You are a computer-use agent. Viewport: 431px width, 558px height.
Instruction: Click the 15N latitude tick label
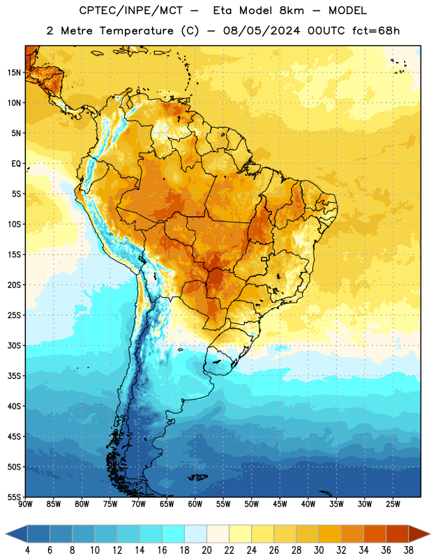[14, 73]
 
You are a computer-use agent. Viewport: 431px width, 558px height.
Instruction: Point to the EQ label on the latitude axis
[16, 164]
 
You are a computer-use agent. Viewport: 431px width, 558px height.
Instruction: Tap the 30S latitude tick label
[14, 345]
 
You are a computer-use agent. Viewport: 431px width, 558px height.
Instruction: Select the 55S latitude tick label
[14, 497]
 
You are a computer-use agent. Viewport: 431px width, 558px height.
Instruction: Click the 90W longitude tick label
[25, 504]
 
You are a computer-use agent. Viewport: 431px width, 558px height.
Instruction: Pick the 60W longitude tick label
[195, 504]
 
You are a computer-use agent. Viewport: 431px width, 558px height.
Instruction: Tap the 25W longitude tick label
[393, 504]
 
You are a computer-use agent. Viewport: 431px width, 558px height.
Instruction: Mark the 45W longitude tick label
[280, 504]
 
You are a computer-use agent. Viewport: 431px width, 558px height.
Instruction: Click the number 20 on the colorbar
[206, 550]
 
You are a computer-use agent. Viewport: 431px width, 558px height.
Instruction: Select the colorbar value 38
[408, 550]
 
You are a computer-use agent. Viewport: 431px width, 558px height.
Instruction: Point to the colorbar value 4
[27, 550]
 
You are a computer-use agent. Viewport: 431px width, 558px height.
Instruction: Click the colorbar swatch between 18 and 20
[195, 534]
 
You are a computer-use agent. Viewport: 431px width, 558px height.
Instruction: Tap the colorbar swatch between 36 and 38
[398, 534]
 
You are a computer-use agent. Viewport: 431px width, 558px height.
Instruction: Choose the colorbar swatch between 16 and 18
[173, 534]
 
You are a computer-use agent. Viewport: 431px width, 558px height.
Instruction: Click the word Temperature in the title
[136, 31]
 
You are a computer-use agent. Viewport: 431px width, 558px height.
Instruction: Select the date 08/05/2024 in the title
[262, 31]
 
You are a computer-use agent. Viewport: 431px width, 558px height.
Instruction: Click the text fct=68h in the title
[376, 31]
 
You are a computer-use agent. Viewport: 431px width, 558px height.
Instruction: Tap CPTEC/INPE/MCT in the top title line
[131, 10]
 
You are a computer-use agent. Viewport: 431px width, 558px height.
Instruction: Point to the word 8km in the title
[292, 10]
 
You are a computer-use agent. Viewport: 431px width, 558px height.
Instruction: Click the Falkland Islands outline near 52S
[197, 477]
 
